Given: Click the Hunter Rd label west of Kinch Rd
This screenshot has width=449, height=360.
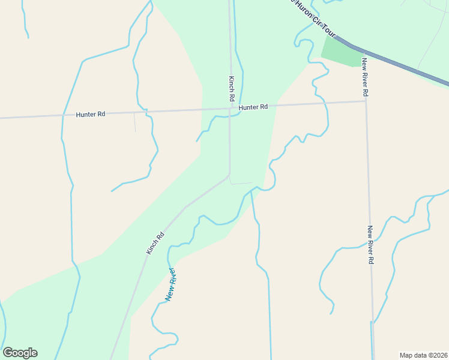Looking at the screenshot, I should click(91, 114).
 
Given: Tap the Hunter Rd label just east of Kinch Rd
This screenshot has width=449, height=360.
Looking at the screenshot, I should click(253, 107).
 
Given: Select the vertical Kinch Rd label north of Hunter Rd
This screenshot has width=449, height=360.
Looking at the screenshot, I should click(231, 88).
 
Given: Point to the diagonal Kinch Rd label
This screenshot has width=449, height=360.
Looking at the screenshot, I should click(155, 243).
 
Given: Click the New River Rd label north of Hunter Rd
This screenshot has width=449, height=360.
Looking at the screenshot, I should click(365, 78).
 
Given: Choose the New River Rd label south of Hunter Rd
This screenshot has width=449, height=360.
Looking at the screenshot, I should click(371, 245).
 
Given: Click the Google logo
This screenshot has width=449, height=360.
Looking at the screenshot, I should click(20, 353).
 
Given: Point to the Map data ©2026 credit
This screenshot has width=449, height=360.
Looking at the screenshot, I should click(423, 355).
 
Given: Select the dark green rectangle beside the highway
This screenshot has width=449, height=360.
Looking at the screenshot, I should click(343, 50).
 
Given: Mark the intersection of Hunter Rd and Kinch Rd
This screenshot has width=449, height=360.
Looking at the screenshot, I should click(231, 109).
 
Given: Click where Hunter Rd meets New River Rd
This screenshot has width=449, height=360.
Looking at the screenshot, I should click(366, 101).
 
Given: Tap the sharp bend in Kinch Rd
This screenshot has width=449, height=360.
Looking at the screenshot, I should click(229, 175).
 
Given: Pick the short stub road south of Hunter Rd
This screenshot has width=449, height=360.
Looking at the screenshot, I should click(134, 121).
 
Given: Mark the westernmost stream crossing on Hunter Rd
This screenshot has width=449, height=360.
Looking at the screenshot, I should click(62, 115).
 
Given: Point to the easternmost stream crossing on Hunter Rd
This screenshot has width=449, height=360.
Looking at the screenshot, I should click(326, 103).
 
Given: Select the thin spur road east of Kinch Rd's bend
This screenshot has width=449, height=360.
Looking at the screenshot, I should click(242, 183).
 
